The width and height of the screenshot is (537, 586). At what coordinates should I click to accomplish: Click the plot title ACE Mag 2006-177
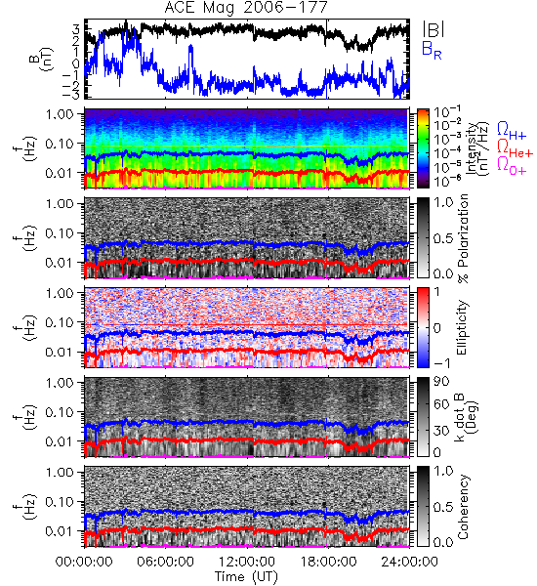coord(246,8)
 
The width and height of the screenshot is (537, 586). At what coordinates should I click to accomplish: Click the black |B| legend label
coord(434,29)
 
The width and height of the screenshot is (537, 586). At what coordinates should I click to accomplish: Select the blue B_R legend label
coord(432,50)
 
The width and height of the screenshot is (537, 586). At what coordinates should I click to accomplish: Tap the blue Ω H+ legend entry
coord(512,131)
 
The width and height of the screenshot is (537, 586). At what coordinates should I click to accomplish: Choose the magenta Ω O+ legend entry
coord(512,166)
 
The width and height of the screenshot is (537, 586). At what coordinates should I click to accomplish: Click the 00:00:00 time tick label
coord(84,562)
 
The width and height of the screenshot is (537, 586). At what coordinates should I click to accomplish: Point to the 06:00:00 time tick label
coord(165,562)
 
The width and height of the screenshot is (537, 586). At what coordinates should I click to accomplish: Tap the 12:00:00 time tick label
coord(247,562)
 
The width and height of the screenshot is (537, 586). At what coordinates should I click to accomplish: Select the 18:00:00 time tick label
coord(328,562)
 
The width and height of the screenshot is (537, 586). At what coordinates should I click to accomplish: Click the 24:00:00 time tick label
coord(409,562)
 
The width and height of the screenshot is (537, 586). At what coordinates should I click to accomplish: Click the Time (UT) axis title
coord(246,576)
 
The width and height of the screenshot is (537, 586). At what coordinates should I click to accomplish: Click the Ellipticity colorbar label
coord(462,327)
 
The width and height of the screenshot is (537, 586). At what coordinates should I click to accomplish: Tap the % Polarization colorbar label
coord(462,238)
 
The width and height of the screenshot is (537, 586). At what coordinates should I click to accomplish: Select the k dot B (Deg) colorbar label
coord(468,417)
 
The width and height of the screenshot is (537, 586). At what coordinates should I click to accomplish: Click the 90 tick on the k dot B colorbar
coord(441,381)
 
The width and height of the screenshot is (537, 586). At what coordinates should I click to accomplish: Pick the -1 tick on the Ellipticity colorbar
coord(441,363)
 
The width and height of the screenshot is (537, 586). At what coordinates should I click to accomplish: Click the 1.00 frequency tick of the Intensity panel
coord(61,113)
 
